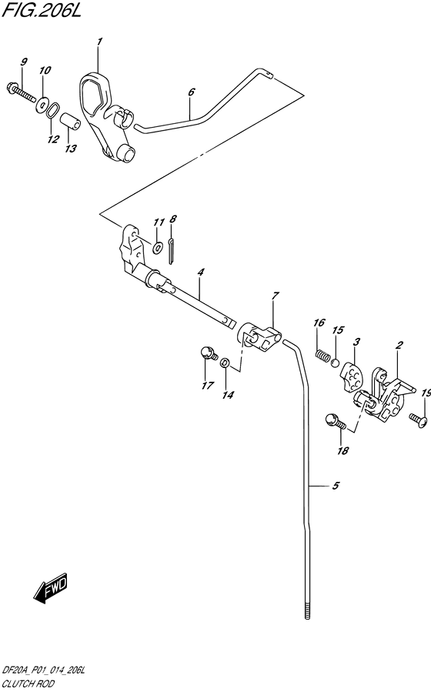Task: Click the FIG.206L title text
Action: (x=42, y=11)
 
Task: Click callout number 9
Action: (x=23, y=62)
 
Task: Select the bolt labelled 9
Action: (x=22, y=92)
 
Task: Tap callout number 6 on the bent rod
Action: (x=191, y=92)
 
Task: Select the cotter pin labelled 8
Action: (x=171, y=252)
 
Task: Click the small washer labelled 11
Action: (x=157, y=249)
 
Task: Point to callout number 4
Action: (x=200, y=272)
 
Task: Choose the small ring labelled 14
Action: (x=224, y=363)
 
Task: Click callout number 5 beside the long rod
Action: (x=336, y=486)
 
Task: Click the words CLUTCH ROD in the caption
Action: (x=28, y=684)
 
